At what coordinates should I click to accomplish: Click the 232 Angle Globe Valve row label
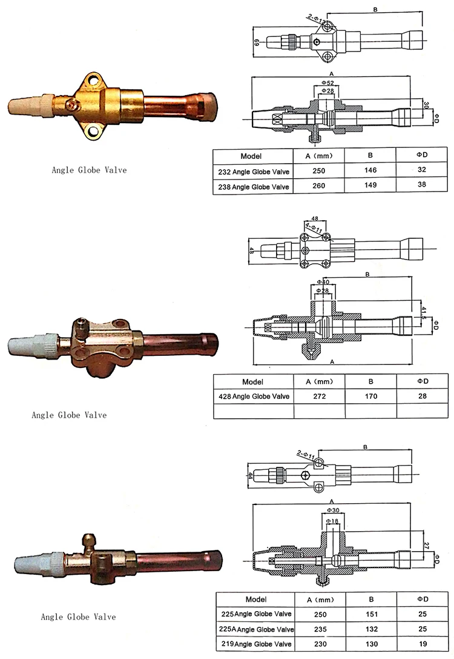(254, 172)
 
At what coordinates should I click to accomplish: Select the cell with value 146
(370, 170)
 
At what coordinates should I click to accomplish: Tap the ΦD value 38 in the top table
(422, 184)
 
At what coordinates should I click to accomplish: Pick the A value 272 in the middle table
(319, 396)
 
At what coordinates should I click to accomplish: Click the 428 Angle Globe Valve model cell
(254, 396)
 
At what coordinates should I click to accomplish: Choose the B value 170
(371, 396)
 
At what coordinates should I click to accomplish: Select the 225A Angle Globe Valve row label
(257, 629)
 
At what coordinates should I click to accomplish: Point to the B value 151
(372, 614)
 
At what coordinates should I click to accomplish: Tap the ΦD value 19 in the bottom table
(423, 643)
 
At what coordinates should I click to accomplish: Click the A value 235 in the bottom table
(320, 629)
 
